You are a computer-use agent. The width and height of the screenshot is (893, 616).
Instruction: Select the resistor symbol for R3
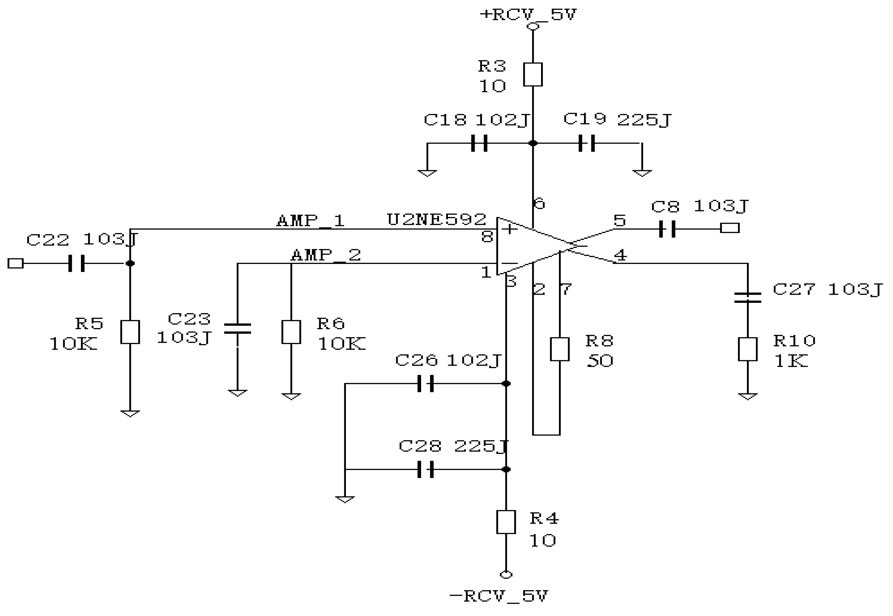coord(533,74)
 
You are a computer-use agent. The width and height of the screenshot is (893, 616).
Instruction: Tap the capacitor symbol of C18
coord(479,143)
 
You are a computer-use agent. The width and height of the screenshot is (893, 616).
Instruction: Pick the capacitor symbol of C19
coord(587,143)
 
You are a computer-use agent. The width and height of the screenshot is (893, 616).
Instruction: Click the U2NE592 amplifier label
coord(436,220)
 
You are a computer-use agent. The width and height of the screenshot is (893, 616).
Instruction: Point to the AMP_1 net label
coord(310,221)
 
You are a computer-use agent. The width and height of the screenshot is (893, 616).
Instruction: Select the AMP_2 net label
coord(326,255)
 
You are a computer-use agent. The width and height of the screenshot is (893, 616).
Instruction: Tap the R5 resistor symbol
coord(130,332)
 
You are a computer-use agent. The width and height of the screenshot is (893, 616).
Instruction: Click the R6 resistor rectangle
coord(291,332)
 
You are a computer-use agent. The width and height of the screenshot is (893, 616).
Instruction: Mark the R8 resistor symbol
coord(560,349)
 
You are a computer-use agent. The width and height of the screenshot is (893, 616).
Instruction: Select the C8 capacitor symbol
coord(667,229)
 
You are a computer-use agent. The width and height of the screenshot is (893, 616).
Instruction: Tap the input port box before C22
coord(15,264)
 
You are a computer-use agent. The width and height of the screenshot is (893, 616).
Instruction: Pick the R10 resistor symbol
coord(748,349)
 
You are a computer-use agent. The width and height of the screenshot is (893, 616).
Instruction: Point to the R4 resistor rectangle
coord(506,522)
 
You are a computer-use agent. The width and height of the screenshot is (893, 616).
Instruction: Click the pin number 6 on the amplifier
coord(539,203)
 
